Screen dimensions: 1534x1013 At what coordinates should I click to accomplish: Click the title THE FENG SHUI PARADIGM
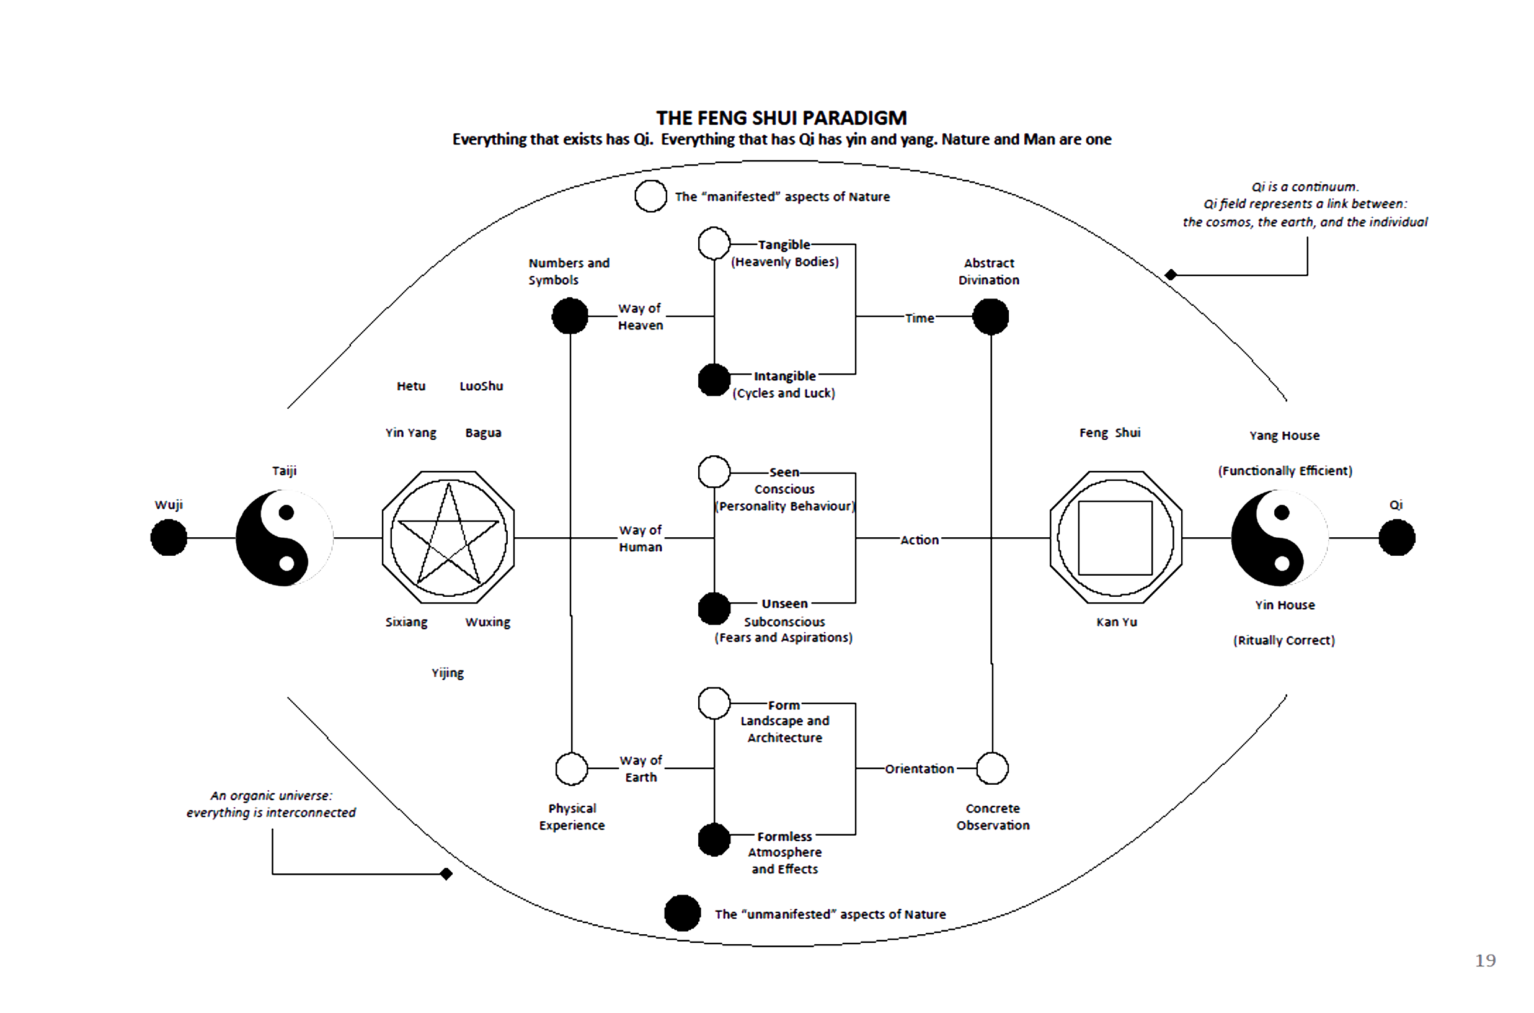click(781, 118)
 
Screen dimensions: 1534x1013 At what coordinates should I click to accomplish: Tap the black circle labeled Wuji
click(169, 537)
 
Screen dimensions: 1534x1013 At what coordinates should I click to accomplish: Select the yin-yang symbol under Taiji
click(284, 537)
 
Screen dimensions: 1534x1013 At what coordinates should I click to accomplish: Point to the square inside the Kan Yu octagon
click(1115, 537)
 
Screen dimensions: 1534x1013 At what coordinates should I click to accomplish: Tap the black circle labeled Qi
click(1396, 537)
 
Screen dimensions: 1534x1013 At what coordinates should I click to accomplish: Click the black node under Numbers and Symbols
click(569, 316)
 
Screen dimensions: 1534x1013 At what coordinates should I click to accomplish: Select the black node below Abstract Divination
click(990, 316)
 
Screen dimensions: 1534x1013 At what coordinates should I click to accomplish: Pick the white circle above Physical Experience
click(572, 768)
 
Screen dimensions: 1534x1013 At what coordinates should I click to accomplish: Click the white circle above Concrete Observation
click(992, 768)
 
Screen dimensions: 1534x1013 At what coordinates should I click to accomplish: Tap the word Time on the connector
click(920, 318)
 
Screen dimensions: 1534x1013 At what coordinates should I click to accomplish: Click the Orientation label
click(920, 769)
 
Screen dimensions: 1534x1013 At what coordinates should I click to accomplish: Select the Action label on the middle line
click(920, 540)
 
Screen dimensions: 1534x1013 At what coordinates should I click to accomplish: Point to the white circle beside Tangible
click(714, 244)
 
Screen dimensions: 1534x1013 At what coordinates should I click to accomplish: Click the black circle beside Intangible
click(714, 379)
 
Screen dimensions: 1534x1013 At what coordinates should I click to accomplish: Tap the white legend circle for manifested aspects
click(651, 196)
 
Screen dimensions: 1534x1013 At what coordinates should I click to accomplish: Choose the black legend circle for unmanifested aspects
click(683, 913)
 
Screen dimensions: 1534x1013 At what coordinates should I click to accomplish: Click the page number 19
click(1485, 961)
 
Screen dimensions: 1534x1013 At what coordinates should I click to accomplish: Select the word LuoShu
click(481, 386)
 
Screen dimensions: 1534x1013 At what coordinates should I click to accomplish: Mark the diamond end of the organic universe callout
click(446, 874)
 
